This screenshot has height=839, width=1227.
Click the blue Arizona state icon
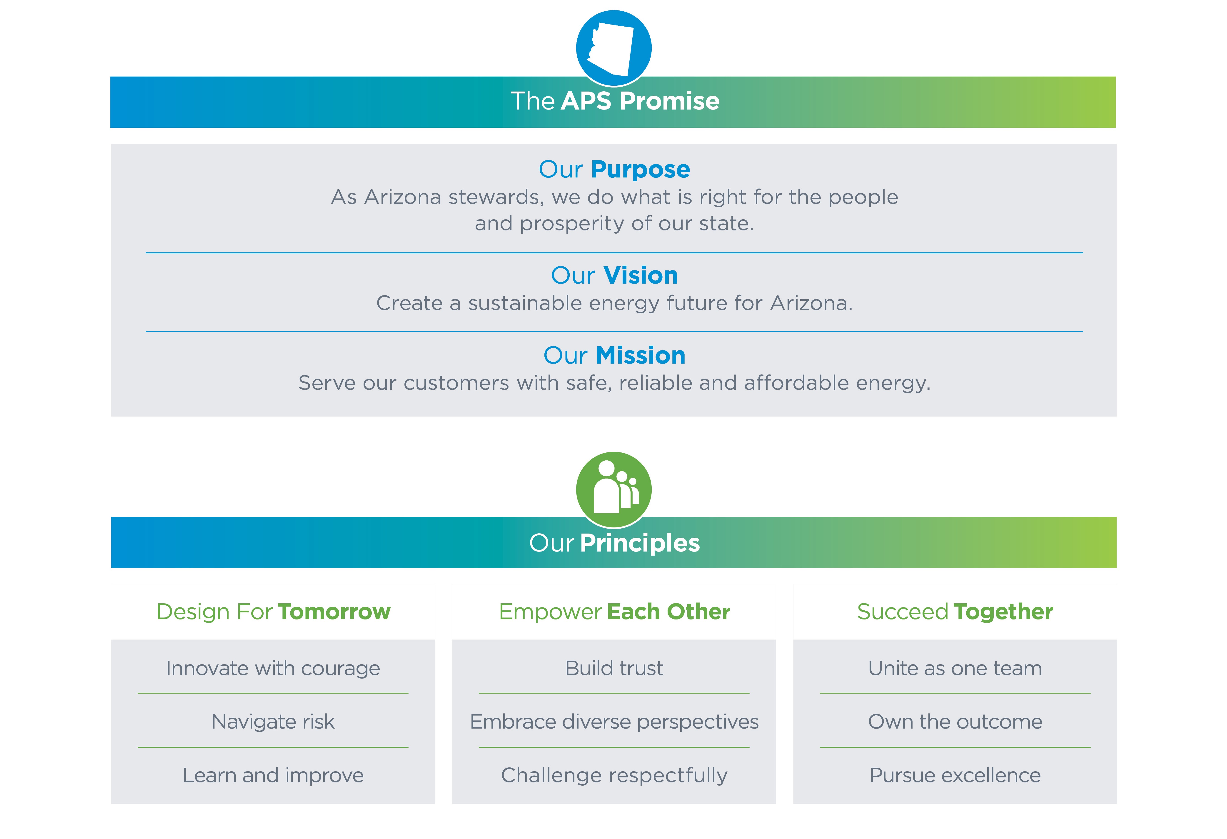[613, 48]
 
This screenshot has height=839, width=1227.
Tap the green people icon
[613, 489]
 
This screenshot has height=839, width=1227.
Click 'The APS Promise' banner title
[615, 101]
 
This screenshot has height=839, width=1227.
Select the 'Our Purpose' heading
[614, 170]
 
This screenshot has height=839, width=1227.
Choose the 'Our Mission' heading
[614, 355]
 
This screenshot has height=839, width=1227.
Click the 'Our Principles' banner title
[614, 543]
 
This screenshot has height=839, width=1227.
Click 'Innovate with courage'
[273, 669]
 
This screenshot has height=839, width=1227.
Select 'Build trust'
[614, 669]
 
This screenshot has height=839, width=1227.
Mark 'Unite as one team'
[955, 669]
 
